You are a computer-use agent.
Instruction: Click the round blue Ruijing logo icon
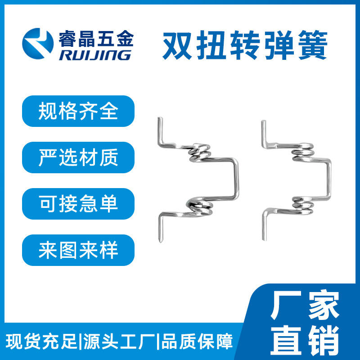click(x=38, y=44)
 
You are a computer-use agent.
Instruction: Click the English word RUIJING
click(x=95, y=55)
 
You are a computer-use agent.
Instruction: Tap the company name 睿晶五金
click(x=96, y=39)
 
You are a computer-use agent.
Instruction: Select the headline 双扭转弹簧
click(x=245, y=45)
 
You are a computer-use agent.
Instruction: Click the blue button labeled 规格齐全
click(x=78, y=111)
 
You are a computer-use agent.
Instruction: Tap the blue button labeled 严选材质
click(x=78, y=157)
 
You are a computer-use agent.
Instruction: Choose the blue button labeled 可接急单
click(x=78, y=204)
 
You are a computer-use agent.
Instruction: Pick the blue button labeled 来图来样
click(x=78, y=250)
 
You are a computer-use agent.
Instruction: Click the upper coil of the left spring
click(x=199, y=152)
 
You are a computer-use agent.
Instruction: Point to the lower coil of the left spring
click(x=199, y=206)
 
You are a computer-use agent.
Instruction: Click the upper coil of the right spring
click(x=302, y=152)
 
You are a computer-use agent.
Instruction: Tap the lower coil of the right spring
click(x=302, y=205)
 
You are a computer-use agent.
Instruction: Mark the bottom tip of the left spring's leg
click(x=161, y=241)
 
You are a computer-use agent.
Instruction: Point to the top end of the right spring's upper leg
click(x=264, y=121)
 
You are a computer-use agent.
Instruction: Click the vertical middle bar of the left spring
click(x=236, y=178)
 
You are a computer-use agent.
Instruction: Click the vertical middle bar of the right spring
click(x=329, y=178)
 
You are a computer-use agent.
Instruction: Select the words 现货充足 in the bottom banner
click(x=41, y=342)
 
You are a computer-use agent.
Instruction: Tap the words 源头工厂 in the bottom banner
click(x=119, y=342)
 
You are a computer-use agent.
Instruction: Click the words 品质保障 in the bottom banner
click(x=197, y=342)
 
